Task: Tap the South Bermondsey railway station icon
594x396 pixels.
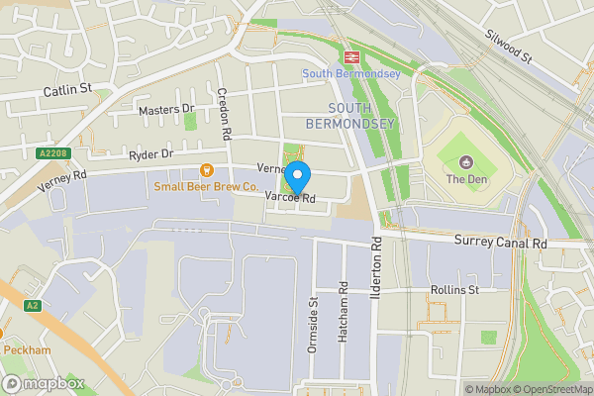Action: tap(350, 56)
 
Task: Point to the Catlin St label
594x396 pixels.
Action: tap(67, 89)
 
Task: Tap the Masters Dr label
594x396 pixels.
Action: tap(166, 109)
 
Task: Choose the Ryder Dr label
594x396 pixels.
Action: tap(150, 155)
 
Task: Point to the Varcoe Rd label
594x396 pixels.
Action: tap(290, 198)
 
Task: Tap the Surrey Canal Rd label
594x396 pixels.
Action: tap(501, 243)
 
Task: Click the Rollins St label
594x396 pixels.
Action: tap(454, 290)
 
